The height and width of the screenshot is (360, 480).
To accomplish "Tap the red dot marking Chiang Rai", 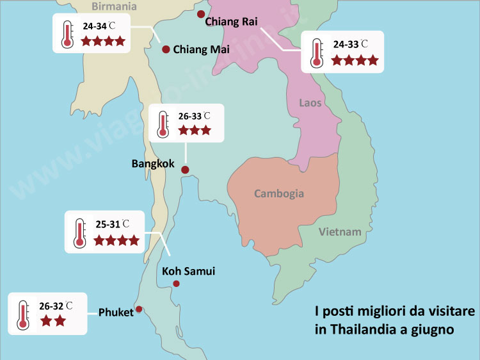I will coord(201,14).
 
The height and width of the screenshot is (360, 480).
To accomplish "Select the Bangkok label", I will coord(153,164).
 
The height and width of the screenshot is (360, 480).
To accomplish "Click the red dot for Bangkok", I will coord(185,170).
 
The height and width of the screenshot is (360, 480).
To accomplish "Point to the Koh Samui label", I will coord(189,272).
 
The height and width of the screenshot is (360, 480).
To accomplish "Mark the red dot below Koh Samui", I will coord(177,284).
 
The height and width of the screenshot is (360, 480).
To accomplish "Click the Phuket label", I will coord(116,313).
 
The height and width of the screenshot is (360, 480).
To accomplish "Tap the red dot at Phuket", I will coord(139,309).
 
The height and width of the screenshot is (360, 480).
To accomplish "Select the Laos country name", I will coord(310,102).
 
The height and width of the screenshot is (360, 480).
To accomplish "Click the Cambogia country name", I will coord(279,193).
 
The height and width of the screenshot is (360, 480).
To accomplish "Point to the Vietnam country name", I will coord(340,232).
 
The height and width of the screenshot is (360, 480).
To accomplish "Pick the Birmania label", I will coord(115,6).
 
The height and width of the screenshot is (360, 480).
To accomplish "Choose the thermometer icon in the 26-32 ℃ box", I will coord(24,314).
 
